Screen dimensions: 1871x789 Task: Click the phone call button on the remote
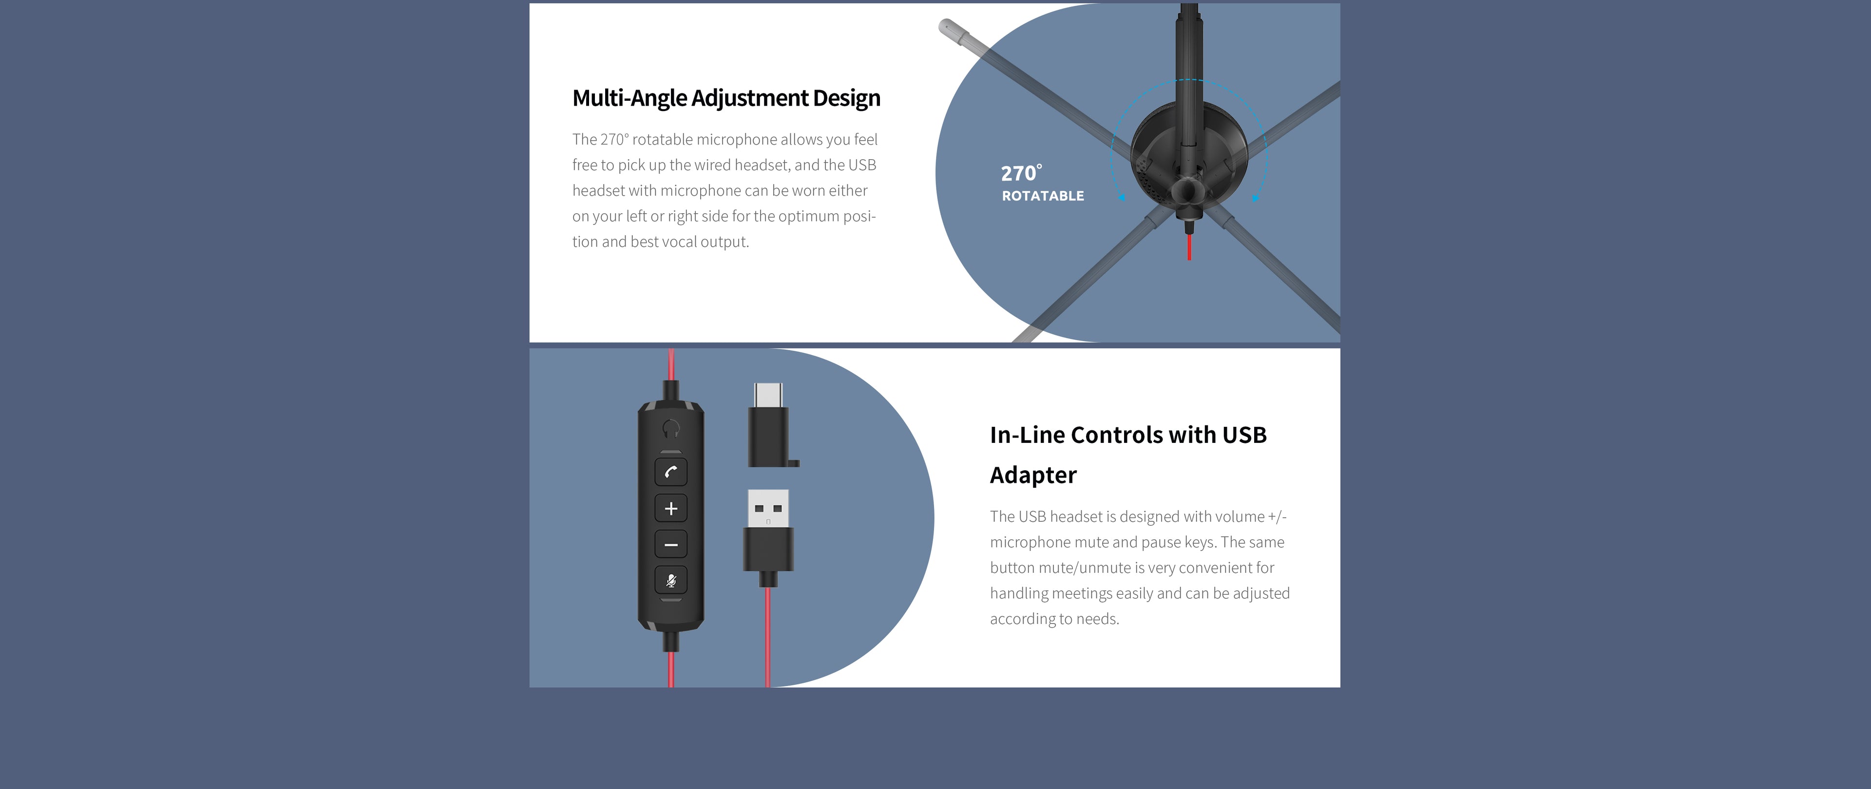point(670,472)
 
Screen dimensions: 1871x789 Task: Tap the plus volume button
point(670,508)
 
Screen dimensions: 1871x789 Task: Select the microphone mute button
point(670,580)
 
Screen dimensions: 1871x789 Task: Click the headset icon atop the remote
point(671,429)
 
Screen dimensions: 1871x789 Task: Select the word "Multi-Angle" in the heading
point(629,98)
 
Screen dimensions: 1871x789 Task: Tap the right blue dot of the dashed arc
point(1255,198)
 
